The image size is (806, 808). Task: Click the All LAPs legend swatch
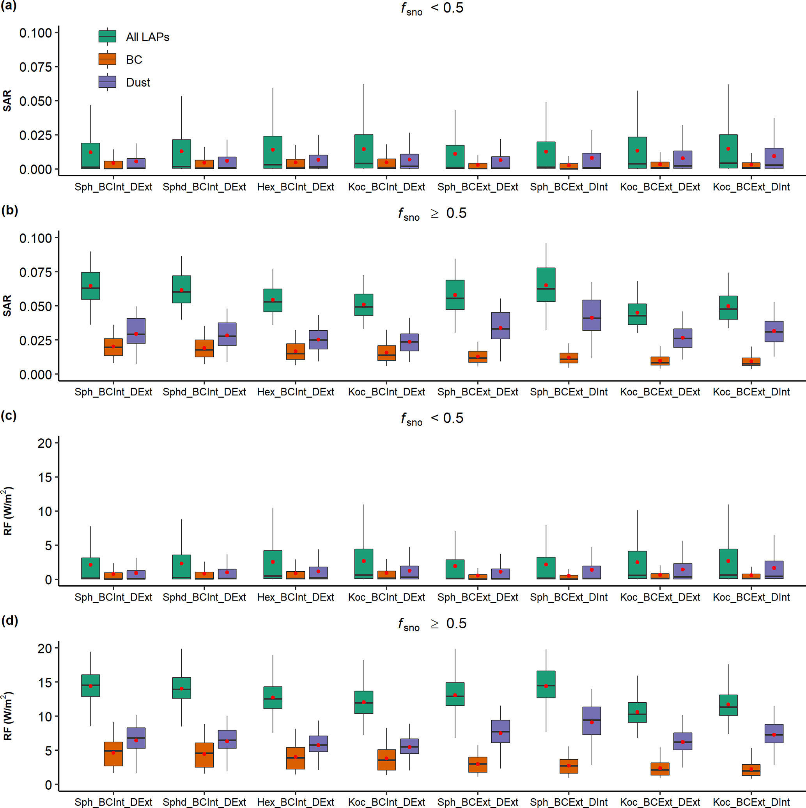click(107, 36)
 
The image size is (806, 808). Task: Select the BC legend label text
click(134, 60)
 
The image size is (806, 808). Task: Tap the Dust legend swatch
click(107, 82)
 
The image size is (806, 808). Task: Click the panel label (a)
click(9, 7)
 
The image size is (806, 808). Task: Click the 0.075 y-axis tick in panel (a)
click(35, 67)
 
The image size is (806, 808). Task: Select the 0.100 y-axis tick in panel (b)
click(35, 238)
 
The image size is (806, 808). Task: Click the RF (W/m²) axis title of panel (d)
click(8, 716)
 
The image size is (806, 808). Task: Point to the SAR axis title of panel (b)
click(7, 306)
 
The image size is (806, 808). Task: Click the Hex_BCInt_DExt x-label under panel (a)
click(295, 187)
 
